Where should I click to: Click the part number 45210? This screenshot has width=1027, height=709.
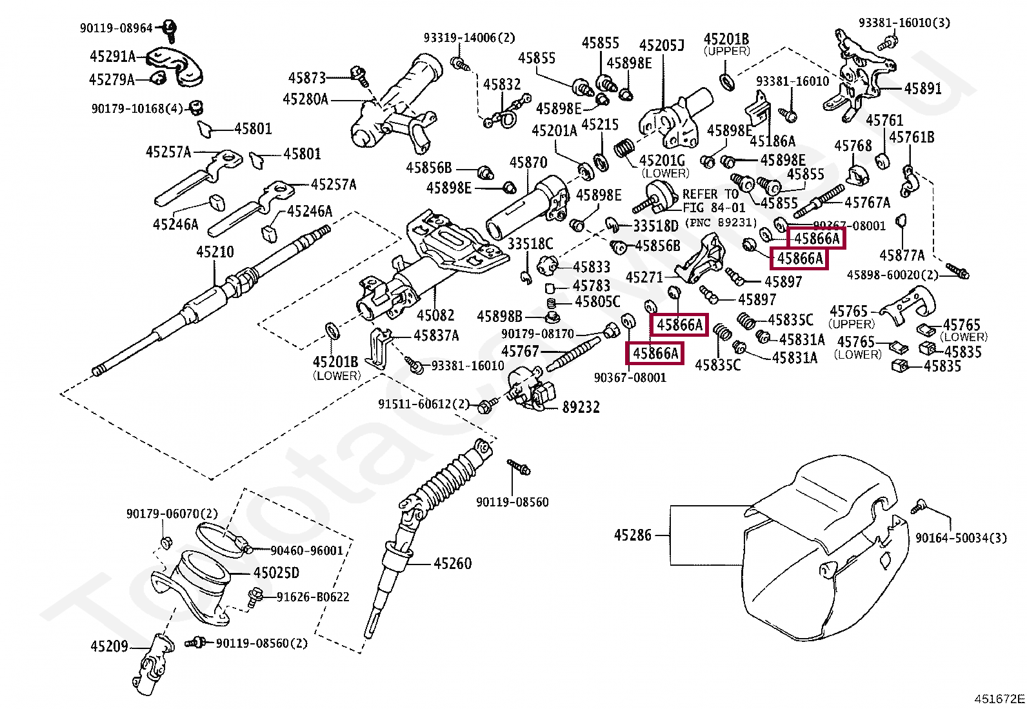tap(215, 252)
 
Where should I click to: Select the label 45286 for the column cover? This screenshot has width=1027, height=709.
tap(632, 535)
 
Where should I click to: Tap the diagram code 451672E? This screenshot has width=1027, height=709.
tap(999, 699)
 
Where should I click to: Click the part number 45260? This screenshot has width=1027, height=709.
tap(452, 564)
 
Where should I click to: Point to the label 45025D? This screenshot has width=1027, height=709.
tap(276, 573)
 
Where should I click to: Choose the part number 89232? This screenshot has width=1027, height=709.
tap(581, 407)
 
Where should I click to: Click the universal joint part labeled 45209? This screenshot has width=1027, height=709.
tap(153, 664)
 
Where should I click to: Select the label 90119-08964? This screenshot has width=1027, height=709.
tap(116, 28)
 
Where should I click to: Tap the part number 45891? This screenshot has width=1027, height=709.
tap(922, 89)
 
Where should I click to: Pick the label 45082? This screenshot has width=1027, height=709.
tap(435, 315)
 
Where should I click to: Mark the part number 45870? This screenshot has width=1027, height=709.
tap(528, 163)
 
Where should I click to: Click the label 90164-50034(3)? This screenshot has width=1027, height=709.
tap(961, 538)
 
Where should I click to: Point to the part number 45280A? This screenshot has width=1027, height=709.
tap(305, 99)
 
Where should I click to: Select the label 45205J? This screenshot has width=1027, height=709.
tap(661, 46)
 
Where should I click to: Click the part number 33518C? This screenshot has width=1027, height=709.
tap(530, 244)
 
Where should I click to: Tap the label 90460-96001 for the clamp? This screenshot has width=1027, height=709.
tap(306, 551)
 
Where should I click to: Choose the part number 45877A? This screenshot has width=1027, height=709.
tap(902, 255)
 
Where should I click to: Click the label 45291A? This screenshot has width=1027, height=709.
tap(112, 57)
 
